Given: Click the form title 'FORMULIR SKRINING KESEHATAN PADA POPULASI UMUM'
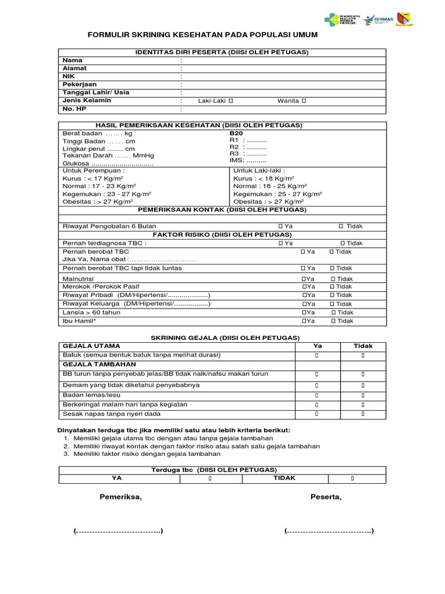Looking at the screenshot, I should pyautogui.click(x=202, y=35).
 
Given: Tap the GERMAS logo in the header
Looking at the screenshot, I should pyautogui.click(x=381, y=20).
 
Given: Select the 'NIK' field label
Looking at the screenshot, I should pyautogui.click(x=70, y=76).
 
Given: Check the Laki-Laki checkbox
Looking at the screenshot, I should pyautogui.click(x=231, y=101).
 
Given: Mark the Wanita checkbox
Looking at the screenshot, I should pyautogui.click(x=304, y=101).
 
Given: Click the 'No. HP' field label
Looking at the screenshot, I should pyautogui.click(x=74, y=108).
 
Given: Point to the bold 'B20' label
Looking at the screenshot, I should pyautogui.click(x=236, y=133).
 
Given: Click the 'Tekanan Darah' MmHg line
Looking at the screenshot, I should pyautogui.click(x=108, y=155).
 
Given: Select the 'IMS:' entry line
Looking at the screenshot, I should pyautogui.click(x=248, y=160).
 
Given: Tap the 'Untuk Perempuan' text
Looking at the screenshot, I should pyautogui.click(x=93, y=171).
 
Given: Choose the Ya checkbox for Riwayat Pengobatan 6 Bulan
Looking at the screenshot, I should pyautogui.click(x=280, y=226).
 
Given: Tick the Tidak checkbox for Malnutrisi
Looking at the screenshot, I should pyautogui.click(x=333, y=279).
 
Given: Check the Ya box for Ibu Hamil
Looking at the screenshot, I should pyautogui.click(x=304, y=321).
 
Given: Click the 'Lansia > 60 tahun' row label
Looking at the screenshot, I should pyautogui.click(x=92, y=313).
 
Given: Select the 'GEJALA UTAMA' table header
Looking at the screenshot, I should pyautogui.click(x=92, y=346).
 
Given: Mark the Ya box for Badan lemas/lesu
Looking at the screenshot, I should pyautogui.click(x=317, y=394).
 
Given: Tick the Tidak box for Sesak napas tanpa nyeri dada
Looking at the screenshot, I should pyautogui.click(x=363, y=414).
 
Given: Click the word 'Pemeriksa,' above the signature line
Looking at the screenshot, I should pyautogui.click(x=121, y=497).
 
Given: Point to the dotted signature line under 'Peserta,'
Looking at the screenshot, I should pyautogui.click(x=329, y=531).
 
